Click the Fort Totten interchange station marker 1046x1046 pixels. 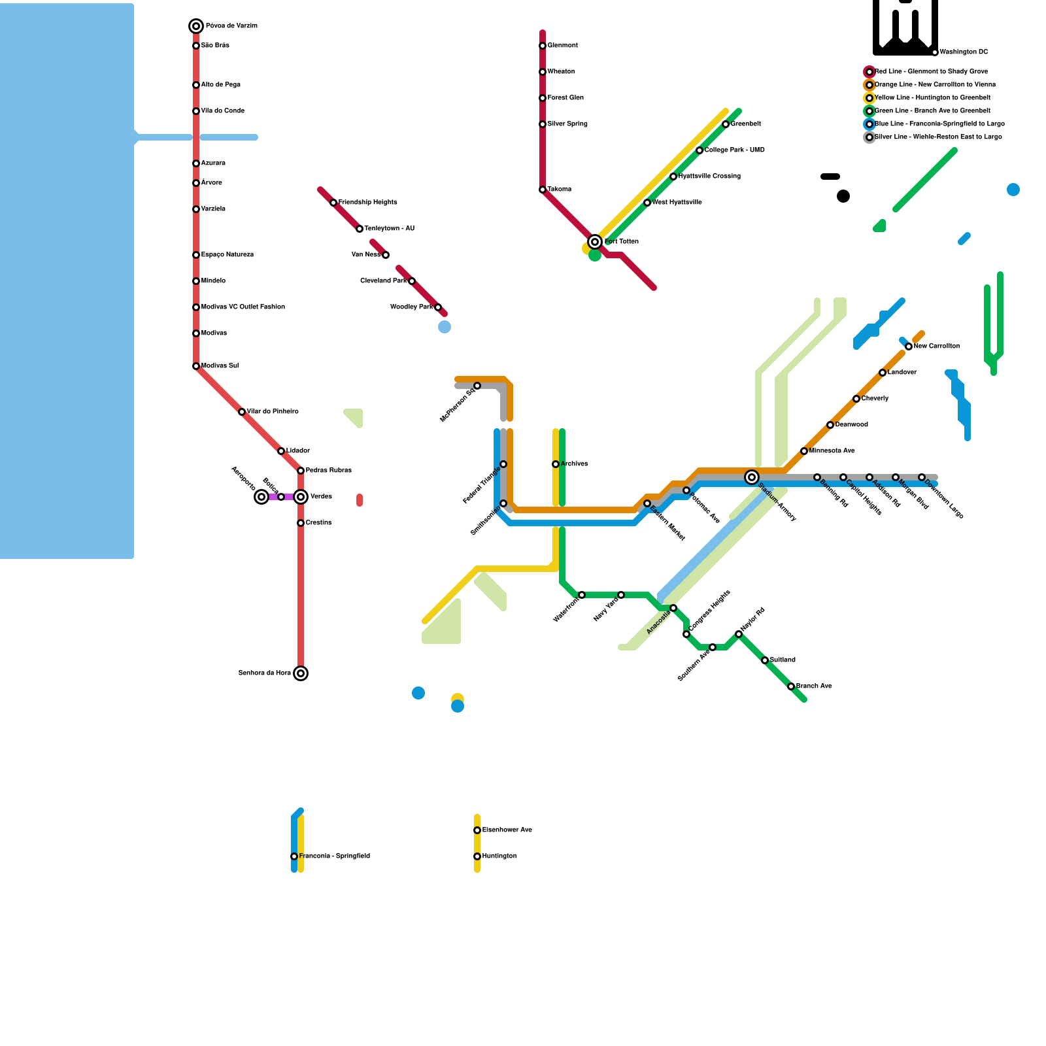click(x=595, y=242)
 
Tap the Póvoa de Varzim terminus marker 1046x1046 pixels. click(x=196, y=26)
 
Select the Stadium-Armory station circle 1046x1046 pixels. click(x=752, y=477)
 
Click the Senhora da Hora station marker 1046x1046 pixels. click(x=301, y=673)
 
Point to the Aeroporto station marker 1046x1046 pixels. click(x=261, y=497)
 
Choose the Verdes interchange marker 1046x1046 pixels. click(x=301, y=497)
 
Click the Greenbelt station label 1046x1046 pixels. click(x=746, y=124)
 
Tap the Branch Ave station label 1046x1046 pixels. click(x=814, y=686)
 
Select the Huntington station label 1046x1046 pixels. click(x=499, y=856)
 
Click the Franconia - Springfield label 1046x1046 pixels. click(x=335, y=856)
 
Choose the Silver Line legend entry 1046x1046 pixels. click(x=938, y=137)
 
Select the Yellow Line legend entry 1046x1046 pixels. click(x=932, y=98)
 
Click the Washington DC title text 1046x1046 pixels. click(x=964, y=52)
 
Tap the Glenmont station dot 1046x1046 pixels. click(x=543, y=46)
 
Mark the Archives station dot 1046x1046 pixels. click(x=556, y=464)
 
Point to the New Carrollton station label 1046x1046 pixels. click(x=937, y=346)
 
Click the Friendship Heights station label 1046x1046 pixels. click(x=368, y=203)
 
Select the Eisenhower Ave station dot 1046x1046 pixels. click(x=477, y=830)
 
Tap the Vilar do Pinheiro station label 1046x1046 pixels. click(x=273, y=412)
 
